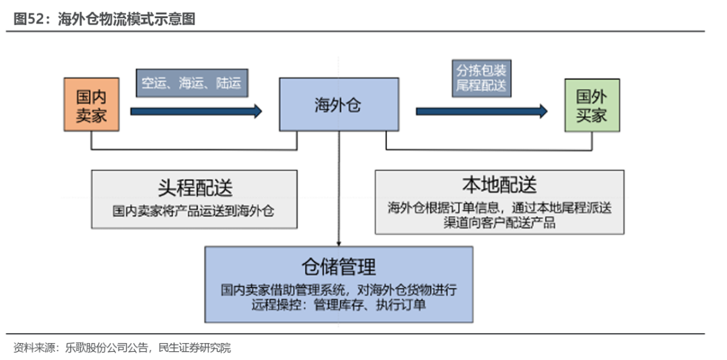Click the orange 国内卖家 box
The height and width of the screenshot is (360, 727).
[x=91, y=104]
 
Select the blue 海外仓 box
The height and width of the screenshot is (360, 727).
[x=338, y=104]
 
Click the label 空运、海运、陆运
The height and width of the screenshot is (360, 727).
[x=191, y=83]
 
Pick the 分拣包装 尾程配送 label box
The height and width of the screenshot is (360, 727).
[x=481, y=78]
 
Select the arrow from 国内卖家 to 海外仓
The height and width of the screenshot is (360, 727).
[x=195, y=111]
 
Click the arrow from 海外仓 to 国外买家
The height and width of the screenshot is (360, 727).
[x=481, y=111]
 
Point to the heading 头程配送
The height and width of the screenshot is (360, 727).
[x=195, y=188]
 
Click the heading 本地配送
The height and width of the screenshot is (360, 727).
[x=499, y=184]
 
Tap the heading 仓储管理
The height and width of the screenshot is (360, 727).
[x=338, y=266]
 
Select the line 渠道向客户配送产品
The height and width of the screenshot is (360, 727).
[x=499, y=223]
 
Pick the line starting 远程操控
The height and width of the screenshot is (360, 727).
[x=338, y=305]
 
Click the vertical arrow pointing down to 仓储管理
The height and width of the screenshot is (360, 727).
[x=338, y=188]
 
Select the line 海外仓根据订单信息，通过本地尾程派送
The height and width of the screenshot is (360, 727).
[x=499, y=208]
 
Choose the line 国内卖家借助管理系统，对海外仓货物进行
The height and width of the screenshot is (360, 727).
[x=338, y=290]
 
